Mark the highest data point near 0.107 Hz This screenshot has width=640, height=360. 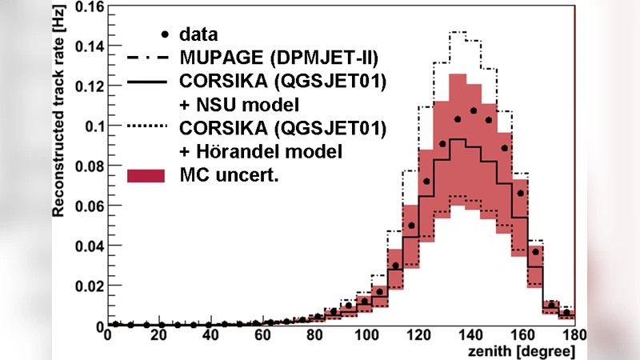tap(473, 111)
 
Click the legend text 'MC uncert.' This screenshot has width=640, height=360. tap(222, 174)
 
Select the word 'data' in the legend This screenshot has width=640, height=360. tap(198, 34)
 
